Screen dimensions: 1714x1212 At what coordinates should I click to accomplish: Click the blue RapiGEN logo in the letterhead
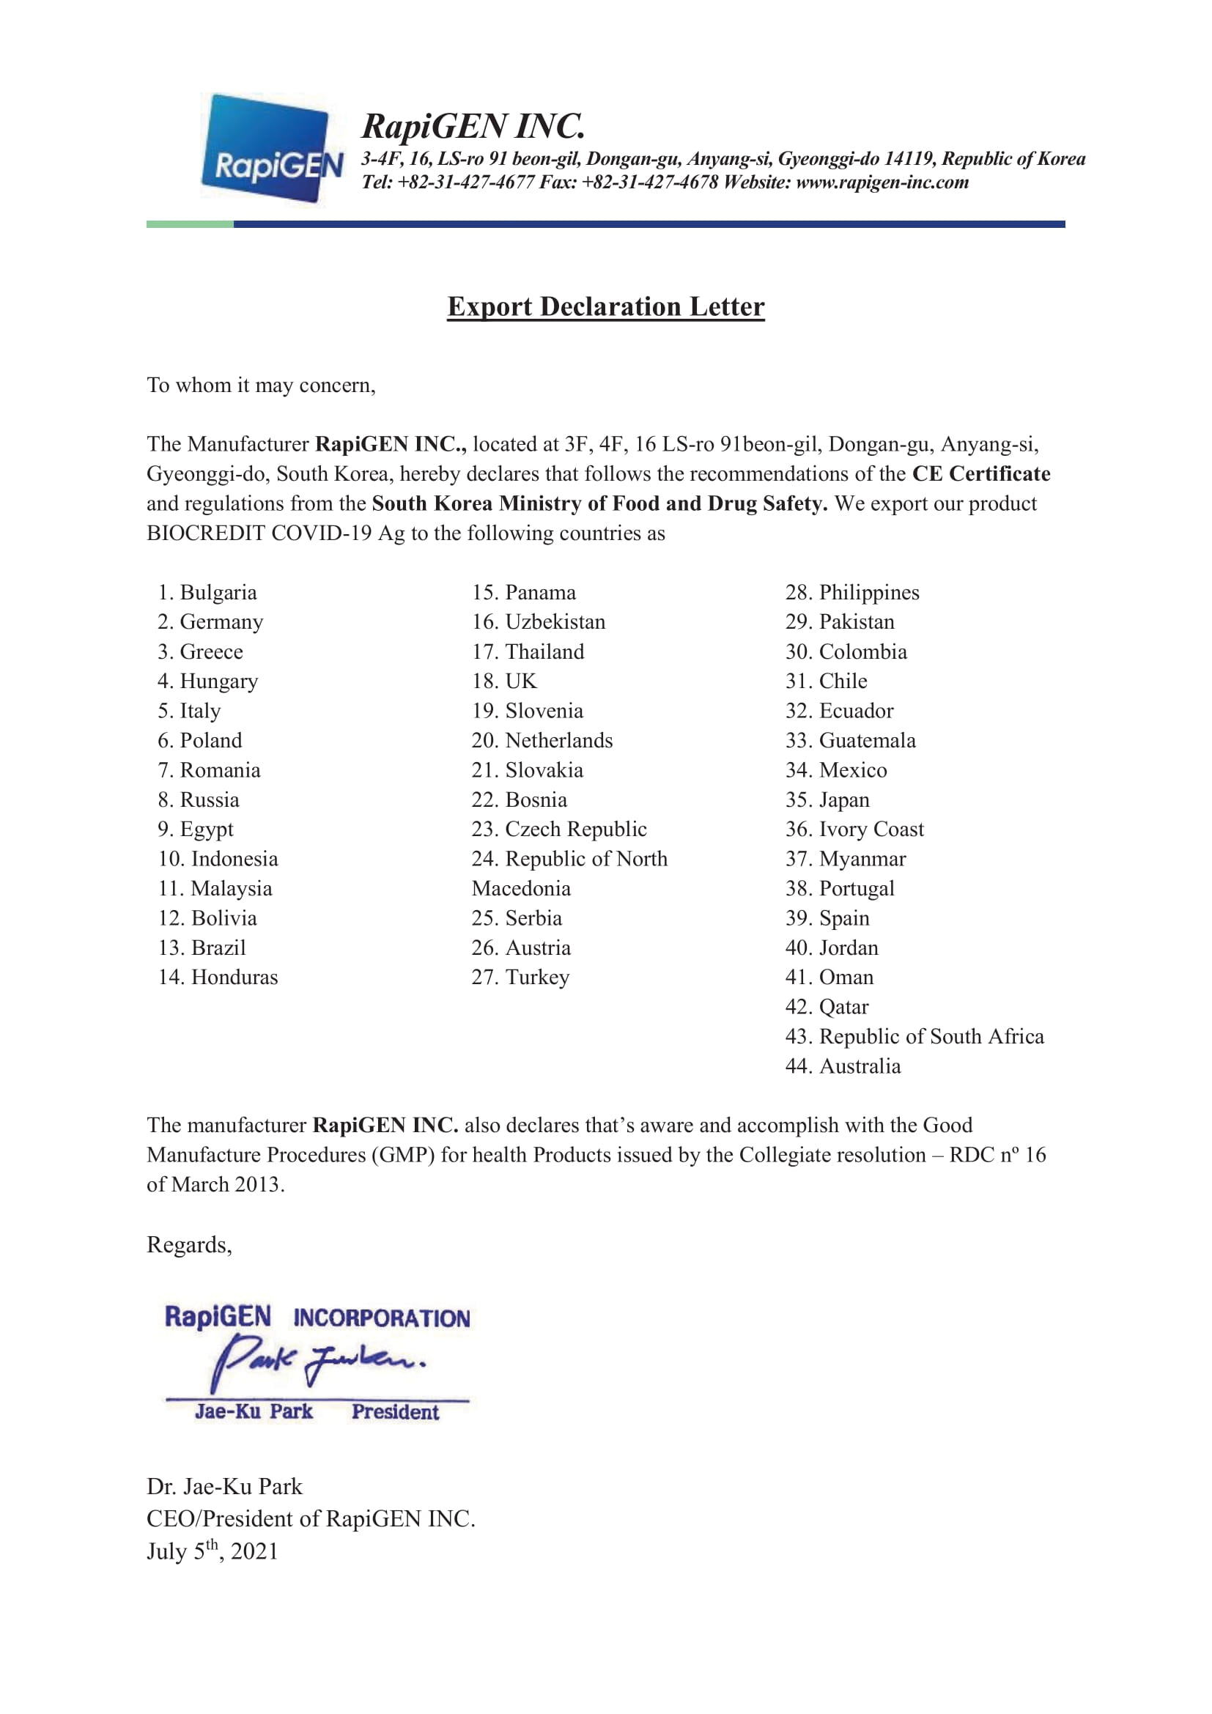coord(272,149)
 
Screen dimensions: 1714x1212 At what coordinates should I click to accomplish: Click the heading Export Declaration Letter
coord(605,307)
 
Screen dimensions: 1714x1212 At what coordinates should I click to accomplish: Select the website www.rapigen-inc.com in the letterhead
coord(882,182)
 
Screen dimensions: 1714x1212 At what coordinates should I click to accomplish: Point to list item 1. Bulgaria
coord(207,593)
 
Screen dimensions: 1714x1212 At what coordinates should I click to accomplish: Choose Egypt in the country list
coord(196,830)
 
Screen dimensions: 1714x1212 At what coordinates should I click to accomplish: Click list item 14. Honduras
coord(218,978)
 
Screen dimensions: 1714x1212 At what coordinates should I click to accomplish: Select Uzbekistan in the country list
coord(539,622)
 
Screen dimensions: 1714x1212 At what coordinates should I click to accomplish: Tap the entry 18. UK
coord(504,681)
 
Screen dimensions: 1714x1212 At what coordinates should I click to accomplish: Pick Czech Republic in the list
coord(560,830)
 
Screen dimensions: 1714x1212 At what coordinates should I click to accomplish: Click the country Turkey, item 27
coord(521,978)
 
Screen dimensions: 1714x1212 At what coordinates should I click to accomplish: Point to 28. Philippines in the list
coord(852,593)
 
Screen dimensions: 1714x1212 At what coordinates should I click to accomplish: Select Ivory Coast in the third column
coord(854,830)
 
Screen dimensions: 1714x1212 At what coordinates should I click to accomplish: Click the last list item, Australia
coord(843,1066)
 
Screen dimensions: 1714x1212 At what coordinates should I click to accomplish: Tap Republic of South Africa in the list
coord(915,1036)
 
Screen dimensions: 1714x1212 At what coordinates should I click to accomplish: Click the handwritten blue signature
coord(317,1362)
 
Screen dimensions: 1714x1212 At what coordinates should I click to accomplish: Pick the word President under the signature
coord(395,1411)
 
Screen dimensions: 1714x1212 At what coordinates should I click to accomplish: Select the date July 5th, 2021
coord(213,1551)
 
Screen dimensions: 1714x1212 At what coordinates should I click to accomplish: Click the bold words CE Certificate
coord(980,474)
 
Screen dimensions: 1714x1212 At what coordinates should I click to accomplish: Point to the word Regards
coord(189,1245)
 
